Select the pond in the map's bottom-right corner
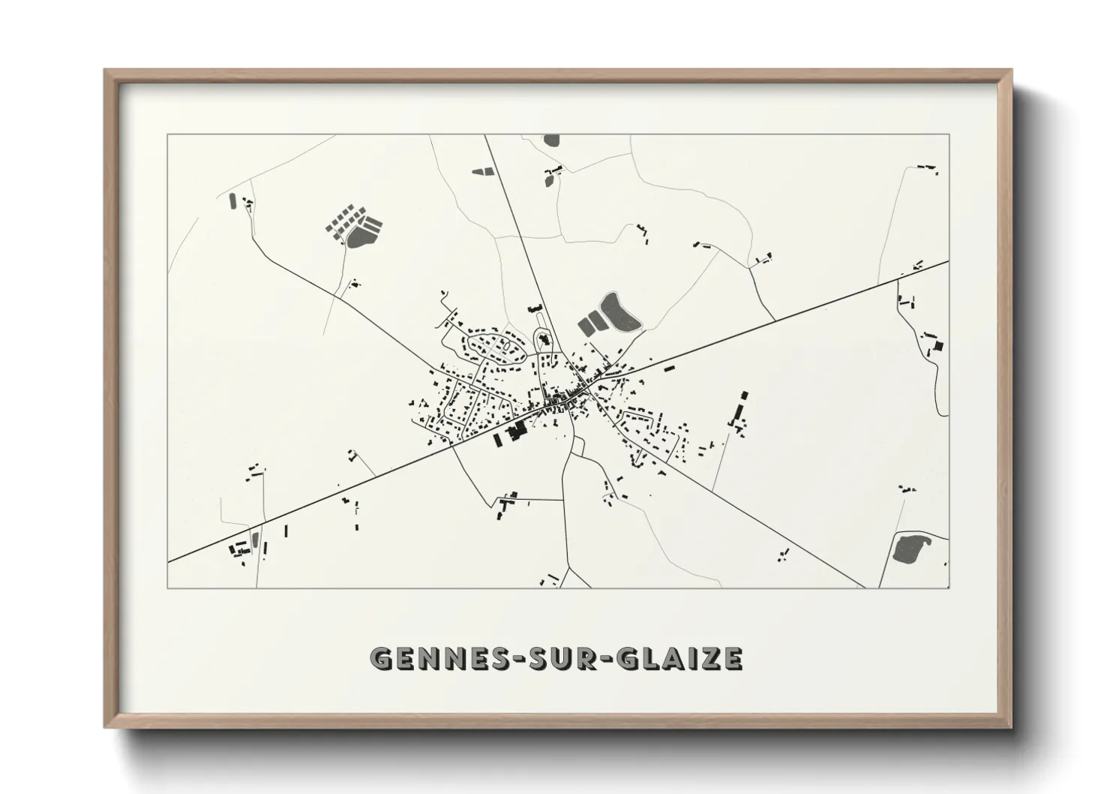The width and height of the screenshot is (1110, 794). (x=911, y=549)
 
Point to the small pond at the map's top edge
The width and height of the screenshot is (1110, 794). (x=551, y=140)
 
